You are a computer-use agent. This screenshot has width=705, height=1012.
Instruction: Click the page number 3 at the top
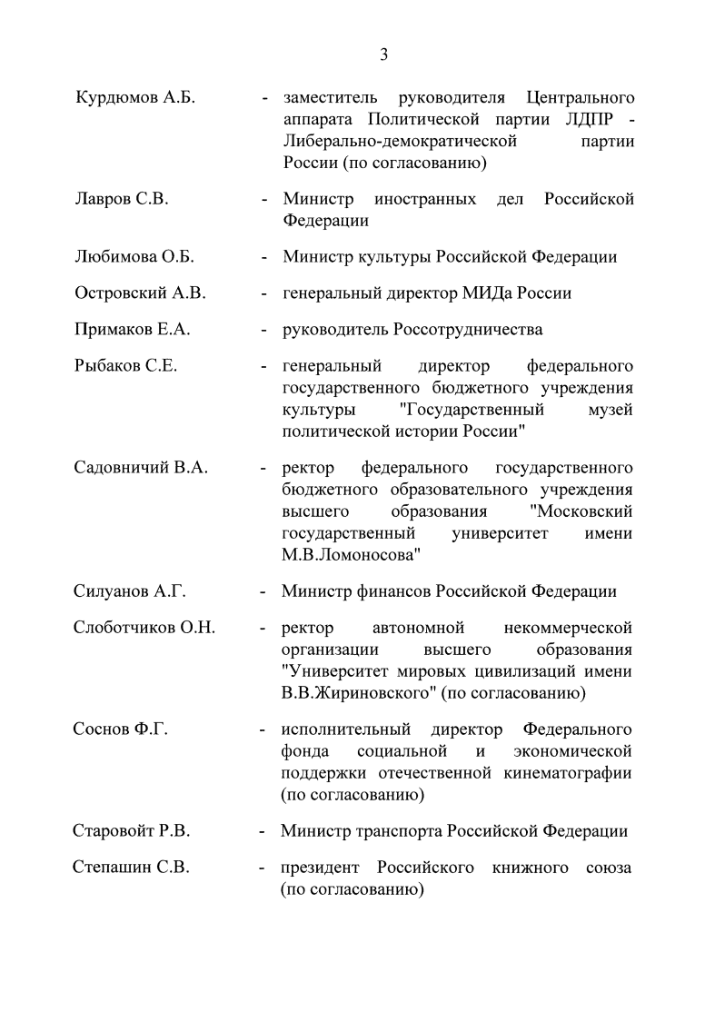click(x=383, y=55)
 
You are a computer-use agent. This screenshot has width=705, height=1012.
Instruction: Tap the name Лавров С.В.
click(x=121, y=199)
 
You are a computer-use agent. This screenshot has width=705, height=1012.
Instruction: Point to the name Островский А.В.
click(x=140, y=293)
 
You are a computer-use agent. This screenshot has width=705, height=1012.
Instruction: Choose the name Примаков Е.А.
click(x=132, y=330)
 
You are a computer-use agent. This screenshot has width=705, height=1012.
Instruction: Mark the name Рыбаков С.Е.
click(x=125, y=367)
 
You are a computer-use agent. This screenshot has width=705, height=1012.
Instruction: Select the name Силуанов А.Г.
click(x=130, y=591)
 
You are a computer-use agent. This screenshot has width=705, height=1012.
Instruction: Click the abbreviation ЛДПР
click(x=587, y=120)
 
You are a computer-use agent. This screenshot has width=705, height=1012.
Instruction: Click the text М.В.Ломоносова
click(x=351, y=554)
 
